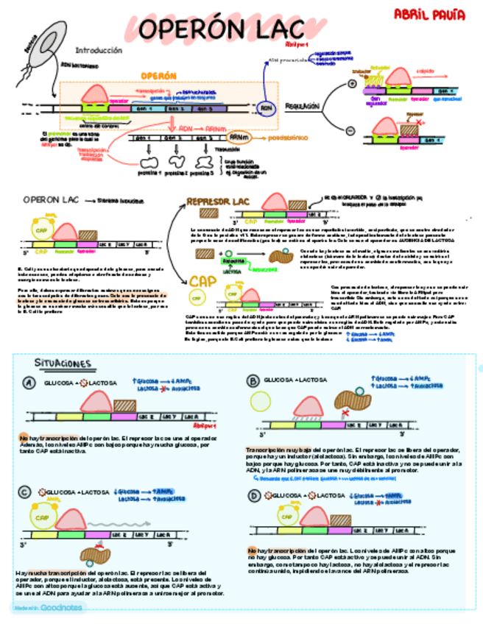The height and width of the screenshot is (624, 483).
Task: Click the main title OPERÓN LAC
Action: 221,30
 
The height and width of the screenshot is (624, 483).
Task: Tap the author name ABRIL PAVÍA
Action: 420,14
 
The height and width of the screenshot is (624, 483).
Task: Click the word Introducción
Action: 97,51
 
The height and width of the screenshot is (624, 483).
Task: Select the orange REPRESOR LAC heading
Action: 219,200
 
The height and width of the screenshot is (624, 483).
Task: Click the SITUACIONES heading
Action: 63,364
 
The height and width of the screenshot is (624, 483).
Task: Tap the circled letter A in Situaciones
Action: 29,383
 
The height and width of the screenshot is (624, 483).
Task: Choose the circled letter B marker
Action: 254,380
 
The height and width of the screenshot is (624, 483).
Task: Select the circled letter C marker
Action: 25,492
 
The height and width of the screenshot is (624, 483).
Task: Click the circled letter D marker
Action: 254,496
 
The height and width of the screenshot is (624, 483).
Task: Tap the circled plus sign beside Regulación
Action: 351,84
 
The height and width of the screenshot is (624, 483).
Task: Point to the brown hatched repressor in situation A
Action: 125,405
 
